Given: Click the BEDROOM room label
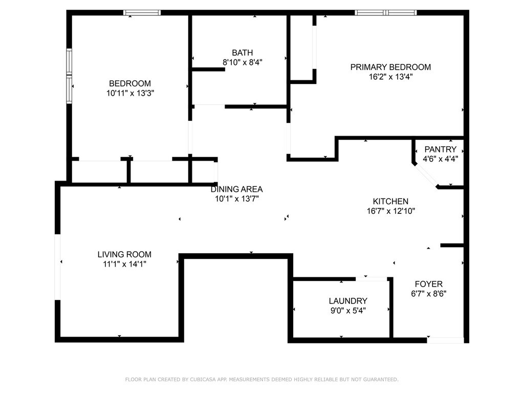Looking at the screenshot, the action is (130, 83).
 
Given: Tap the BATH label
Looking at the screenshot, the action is (242, 52).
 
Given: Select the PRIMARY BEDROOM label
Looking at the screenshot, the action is (390, 67).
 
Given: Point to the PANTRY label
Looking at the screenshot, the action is (440, 149).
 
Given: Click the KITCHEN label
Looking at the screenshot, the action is (390, 201).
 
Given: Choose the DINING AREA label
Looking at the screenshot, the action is (236, 189).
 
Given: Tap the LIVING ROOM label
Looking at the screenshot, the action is (124, 254).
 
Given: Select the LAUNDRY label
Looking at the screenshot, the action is (348, 301).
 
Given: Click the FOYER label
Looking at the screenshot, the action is (428, 284).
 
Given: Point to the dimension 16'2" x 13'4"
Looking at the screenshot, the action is (390, 77).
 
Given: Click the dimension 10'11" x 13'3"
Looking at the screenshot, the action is (130, 94).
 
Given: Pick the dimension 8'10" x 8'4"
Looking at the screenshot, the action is (242, 62).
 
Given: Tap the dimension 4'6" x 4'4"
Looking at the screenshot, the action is (440, 159).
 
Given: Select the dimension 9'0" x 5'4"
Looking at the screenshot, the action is (348, 311).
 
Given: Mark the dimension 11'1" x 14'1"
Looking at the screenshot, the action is (124, 265).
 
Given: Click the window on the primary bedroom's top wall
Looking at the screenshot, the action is (386, 13).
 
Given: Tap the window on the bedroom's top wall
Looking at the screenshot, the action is (142, 13).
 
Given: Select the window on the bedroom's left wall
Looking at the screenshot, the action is (69, 76).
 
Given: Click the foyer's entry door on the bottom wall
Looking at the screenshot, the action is (445, 339).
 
